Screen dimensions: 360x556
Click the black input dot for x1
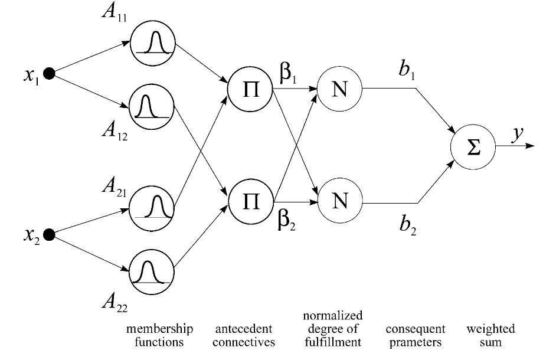click(50, 74)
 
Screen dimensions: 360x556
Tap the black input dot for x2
click(50, 235)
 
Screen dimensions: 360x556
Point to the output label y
click(517, 135)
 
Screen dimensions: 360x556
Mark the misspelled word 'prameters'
click(415, 341)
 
